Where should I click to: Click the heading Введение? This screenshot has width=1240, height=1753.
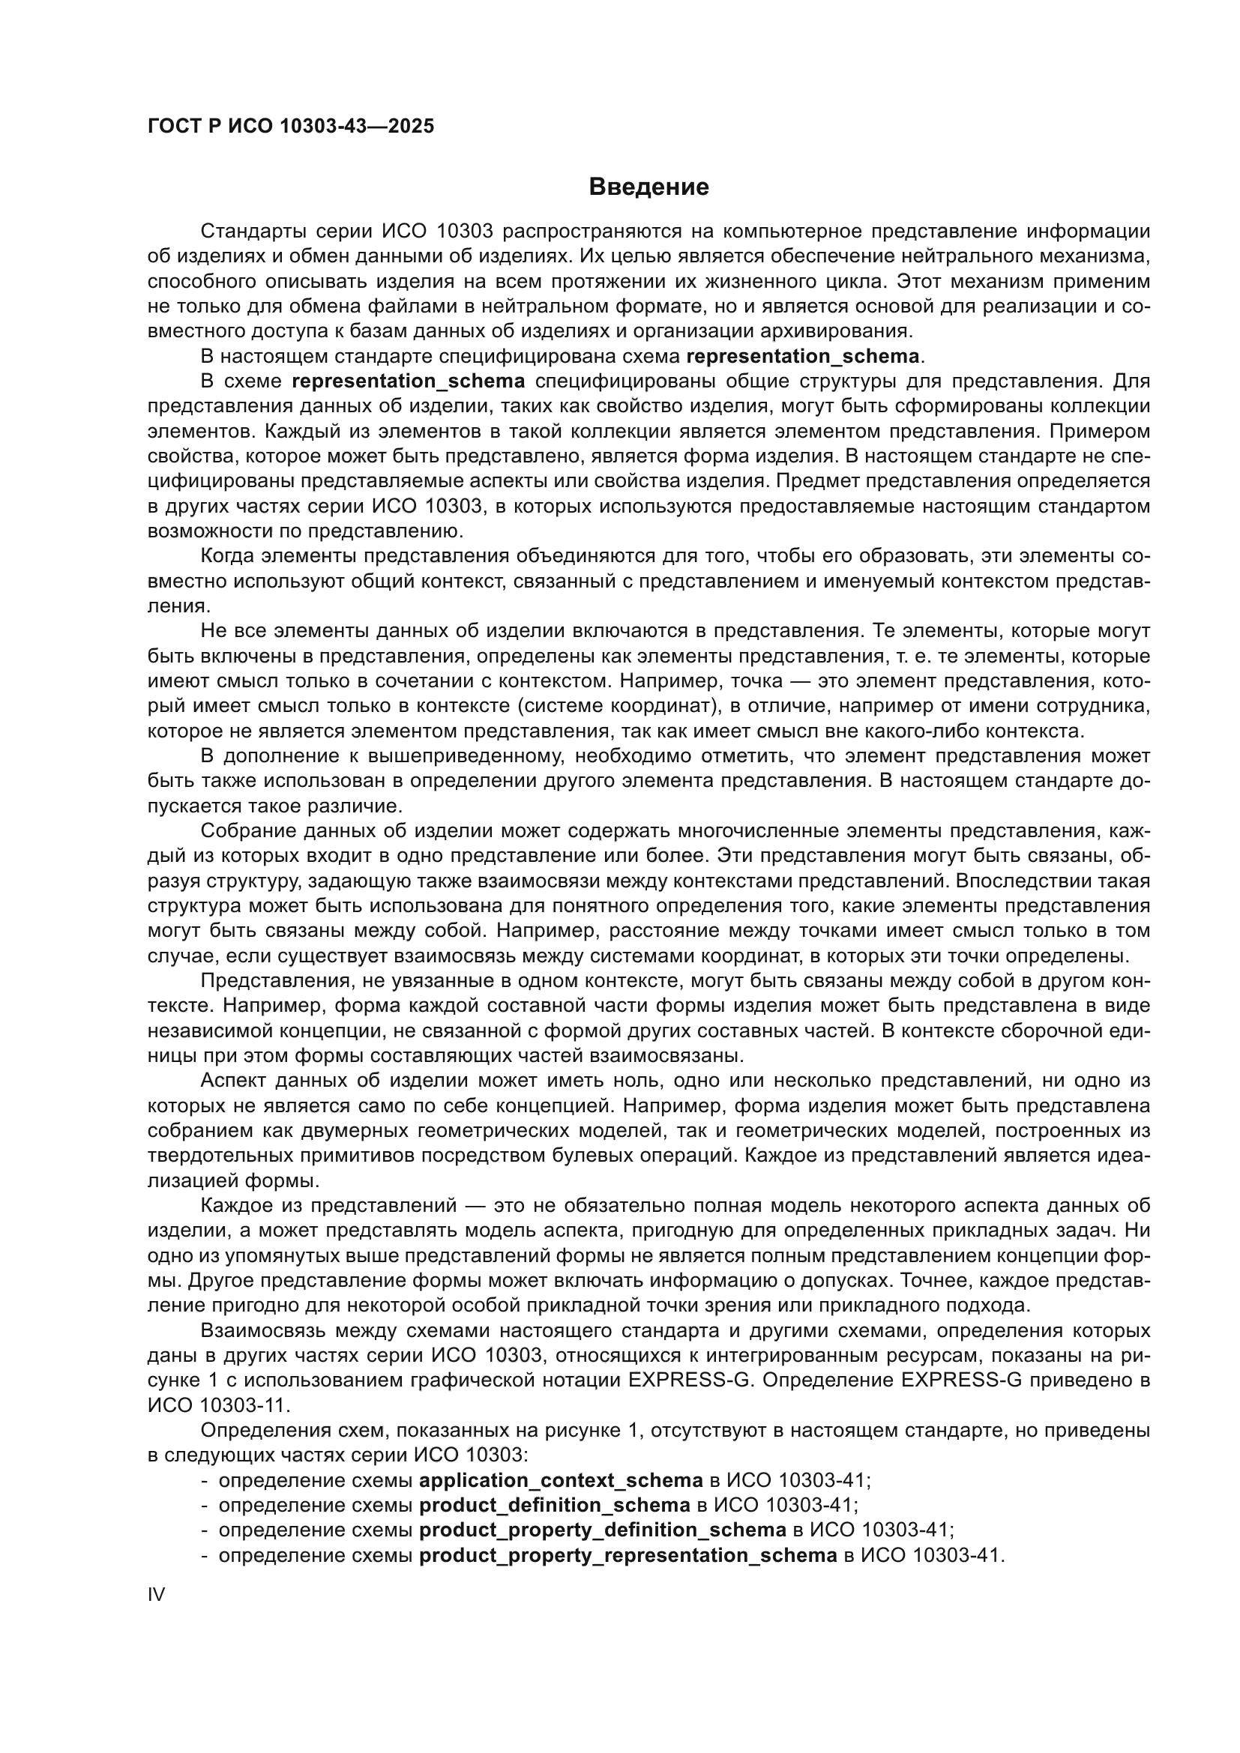pyautogui.click(x=649, y=187)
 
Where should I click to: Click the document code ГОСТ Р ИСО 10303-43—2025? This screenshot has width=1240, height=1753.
pyautogui.click(x=291, y=126)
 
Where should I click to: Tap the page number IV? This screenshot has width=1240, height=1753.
pyautogui.click(x=156, y=1594)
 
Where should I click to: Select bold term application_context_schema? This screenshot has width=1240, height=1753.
pyautogui.click(x=562, y=1480)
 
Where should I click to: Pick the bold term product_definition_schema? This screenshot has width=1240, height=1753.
pyautogui.click(x=555, y=1506)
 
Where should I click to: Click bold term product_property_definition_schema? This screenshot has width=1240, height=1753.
pyautogui.click(x=603, y=1530)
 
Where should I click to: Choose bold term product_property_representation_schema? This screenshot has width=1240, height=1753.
pyautogui.click(x=628, y=1555)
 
